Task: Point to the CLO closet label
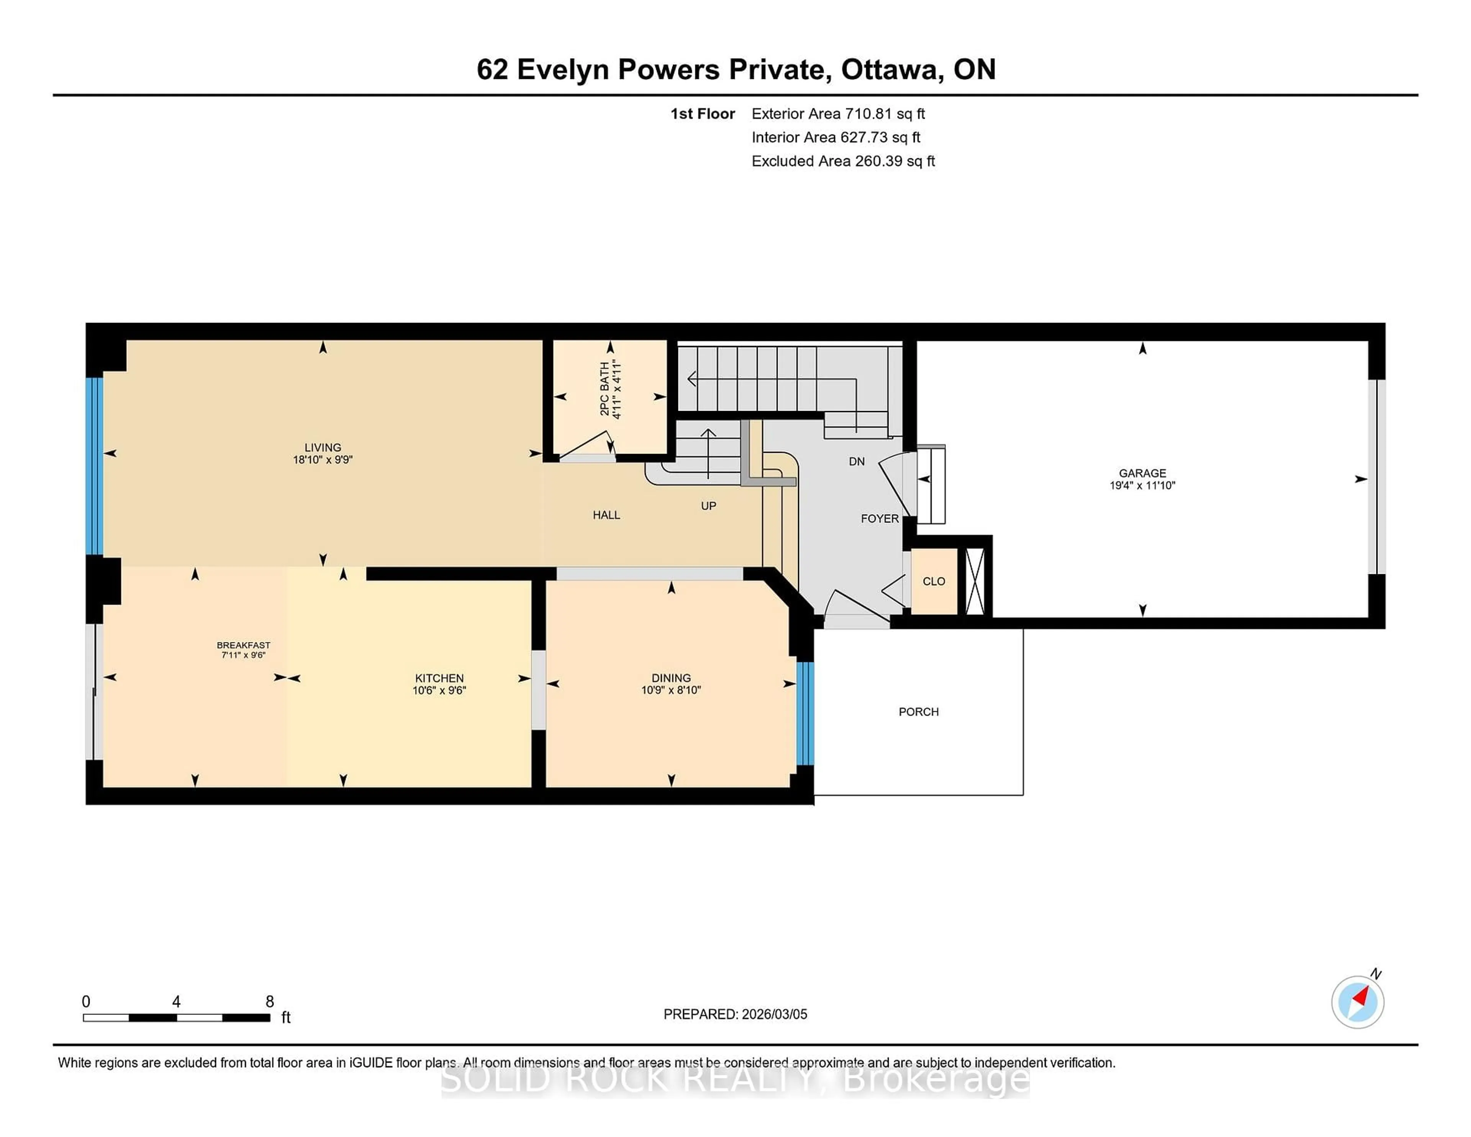(934, 581)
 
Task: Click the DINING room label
(671, 678)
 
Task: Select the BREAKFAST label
(243, 645)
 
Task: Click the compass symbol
(1357, 1002)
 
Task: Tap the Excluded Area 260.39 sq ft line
(843, 161)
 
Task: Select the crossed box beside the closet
(975, 581)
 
